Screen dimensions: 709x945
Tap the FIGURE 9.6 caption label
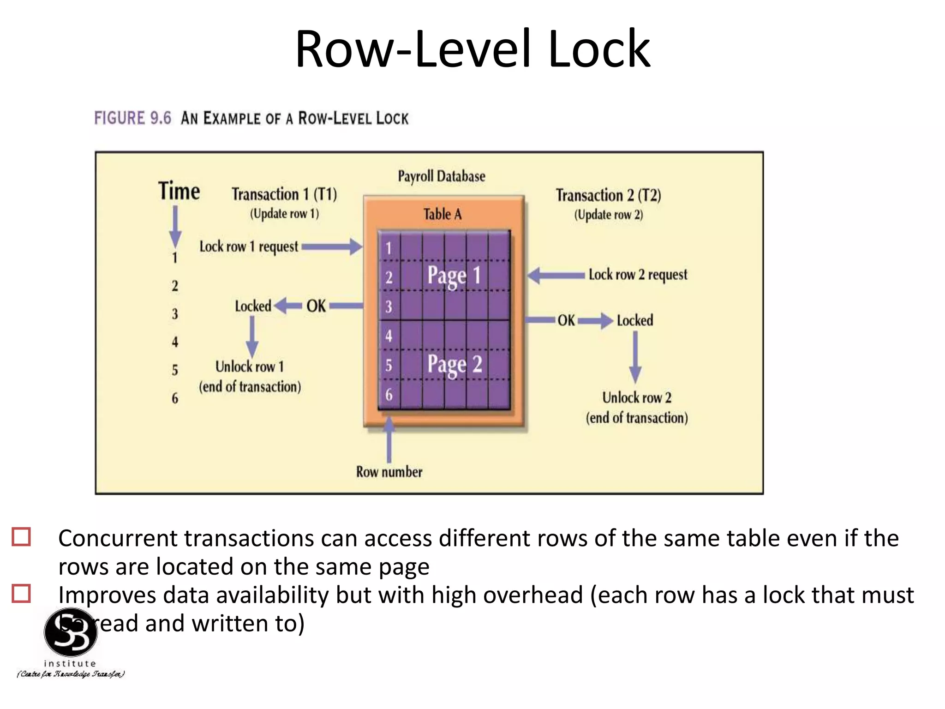(x=132, y=118)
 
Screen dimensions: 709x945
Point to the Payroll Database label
(x=442, y=176)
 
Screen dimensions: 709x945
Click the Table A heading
(x=442, y=214)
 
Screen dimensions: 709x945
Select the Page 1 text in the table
(x=454, y=276)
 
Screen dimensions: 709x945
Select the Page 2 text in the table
(x=455, y=365)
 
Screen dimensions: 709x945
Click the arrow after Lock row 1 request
(x=332, y=247)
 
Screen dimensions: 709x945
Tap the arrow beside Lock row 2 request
(x=556, y=276)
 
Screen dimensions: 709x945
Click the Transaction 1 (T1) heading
(x=284, y=194)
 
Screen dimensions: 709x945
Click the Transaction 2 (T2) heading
(x=608, y=195)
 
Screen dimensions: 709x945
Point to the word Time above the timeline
(x=179, y=191)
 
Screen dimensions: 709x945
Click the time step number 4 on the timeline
(x=175, y=342)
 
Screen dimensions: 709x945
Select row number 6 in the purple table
(x=389, y=395)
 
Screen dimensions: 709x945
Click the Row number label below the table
(x=389, y=472)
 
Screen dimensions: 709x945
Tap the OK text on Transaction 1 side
(x=316, y=306)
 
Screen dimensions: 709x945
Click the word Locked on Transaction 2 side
(x=635, y=320)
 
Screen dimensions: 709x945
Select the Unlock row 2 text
(x=637, y=398)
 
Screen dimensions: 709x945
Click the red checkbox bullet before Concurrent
(x=21, y=537)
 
